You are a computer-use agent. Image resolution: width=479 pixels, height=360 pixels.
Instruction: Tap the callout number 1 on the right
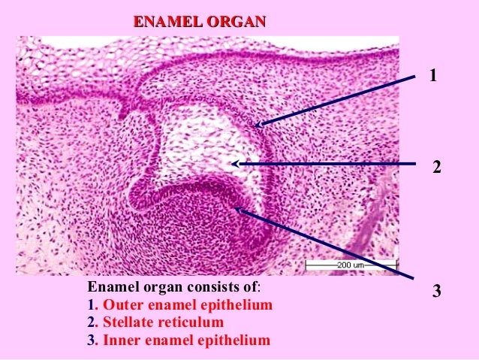433,75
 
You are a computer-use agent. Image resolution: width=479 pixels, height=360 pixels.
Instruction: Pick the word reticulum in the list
191,323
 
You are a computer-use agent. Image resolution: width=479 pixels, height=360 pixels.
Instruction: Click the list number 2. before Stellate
92,323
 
